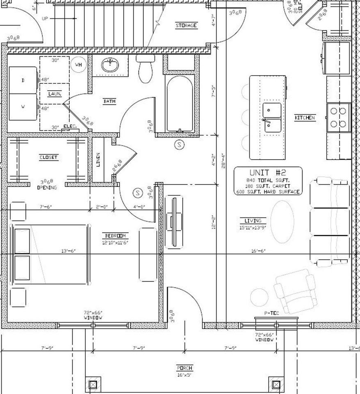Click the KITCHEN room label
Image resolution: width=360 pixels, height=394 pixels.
tap(305, 118)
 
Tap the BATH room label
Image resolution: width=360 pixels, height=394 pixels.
tap(109, 101)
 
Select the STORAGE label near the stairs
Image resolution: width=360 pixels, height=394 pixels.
tap(186, 25)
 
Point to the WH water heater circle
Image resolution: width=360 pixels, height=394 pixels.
tap(78, 64)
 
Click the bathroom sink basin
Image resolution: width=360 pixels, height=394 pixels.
tap(109, 65)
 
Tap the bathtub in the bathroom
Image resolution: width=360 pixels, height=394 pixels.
tap(179, 105)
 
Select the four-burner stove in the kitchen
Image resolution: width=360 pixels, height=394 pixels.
tap(338, 117)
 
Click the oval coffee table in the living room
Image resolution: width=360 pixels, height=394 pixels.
tap(283, 221)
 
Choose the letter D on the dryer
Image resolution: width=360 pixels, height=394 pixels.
tap(23, 80)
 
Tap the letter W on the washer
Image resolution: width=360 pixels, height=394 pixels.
tap(23, 107)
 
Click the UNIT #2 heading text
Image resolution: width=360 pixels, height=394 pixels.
tap(268, 173)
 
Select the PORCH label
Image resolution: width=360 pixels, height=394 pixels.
tap(185, 368)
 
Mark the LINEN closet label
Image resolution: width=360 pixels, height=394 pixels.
tap(98, 160)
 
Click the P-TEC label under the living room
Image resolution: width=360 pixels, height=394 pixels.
tap(271, 313)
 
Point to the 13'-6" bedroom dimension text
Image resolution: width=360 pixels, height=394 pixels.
tap(68, 251)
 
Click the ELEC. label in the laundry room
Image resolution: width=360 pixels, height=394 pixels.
tap(70, 126)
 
